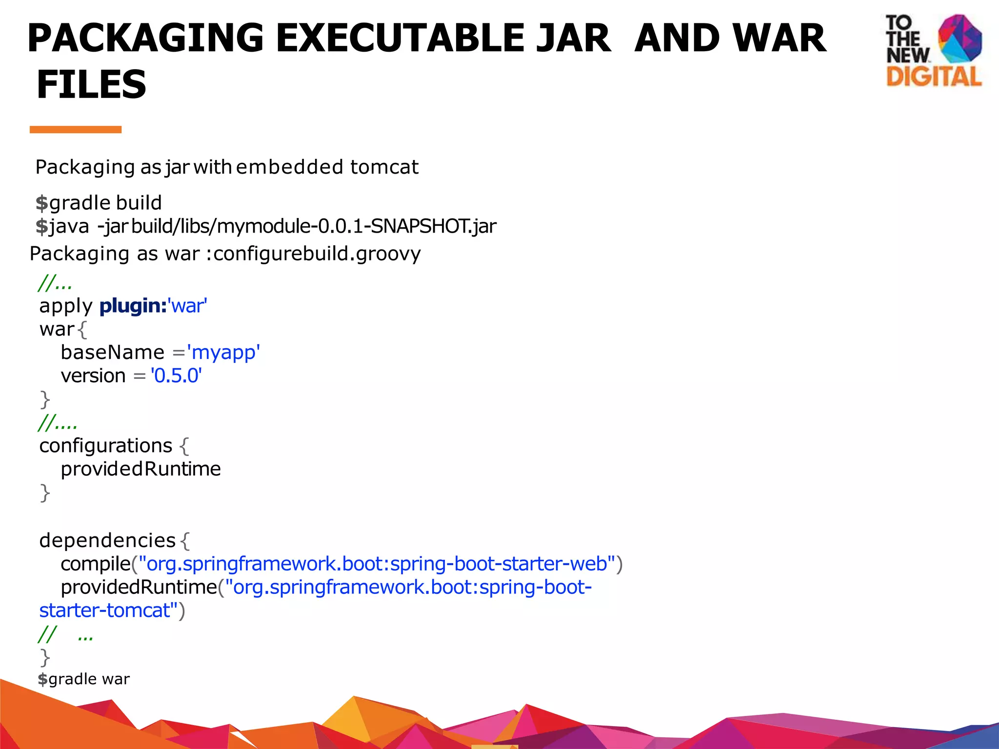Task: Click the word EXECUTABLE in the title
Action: click(x=443, y=38)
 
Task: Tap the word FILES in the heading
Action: click(x=92, y=84)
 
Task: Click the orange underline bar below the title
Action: click(x=76, y=130)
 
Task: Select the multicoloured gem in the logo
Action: click(x=959, y=39)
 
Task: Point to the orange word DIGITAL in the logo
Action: click(x=934, y=78)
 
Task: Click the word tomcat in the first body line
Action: click(x=384, y=167)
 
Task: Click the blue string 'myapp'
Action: click(x=223, y=352)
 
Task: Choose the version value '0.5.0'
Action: click(x=176, y=375)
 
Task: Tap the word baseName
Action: click(x=113, y=352)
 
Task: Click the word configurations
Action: click(x=106, y=446)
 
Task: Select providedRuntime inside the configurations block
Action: click(x=140, y=469)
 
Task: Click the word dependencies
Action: click(x=107, y=540)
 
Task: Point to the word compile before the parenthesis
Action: click(x=96, y=564)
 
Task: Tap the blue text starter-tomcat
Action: click(x=104, y=611)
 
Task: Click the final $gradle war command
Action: click(x=84, y=679)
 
